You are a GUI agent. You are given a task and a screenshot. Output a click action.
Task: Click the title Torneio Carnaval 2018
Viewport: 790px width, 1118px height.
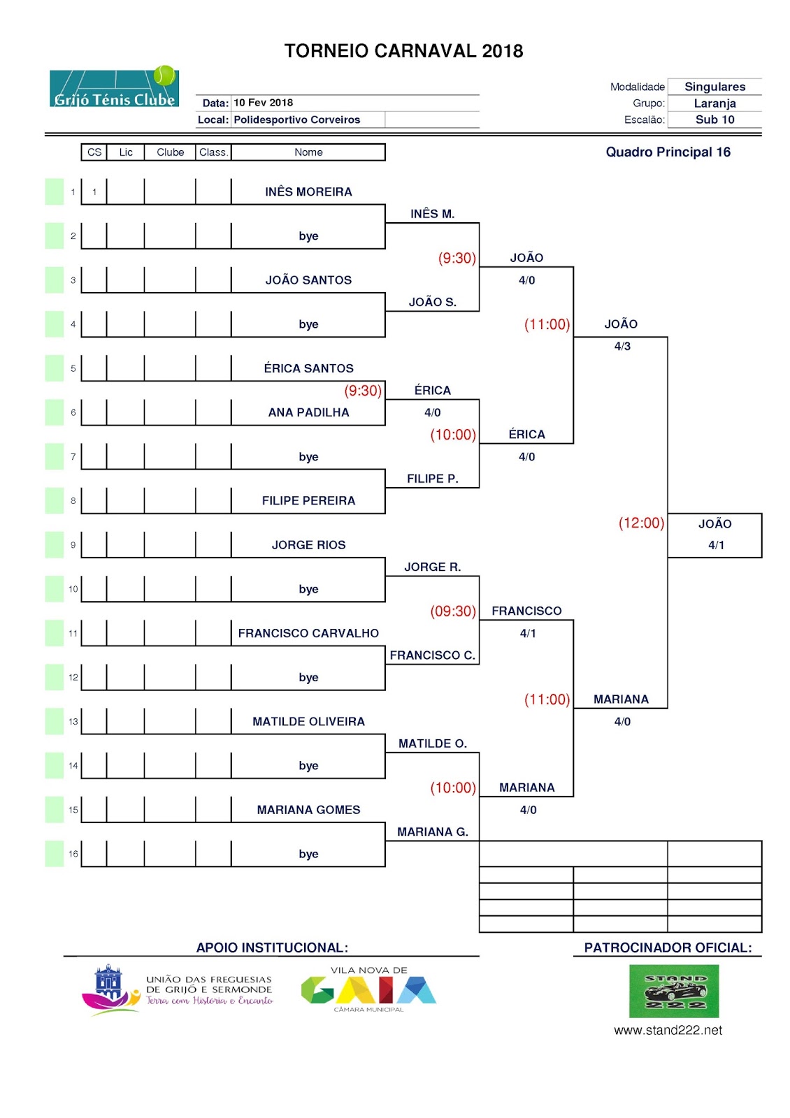[x=403, y=51]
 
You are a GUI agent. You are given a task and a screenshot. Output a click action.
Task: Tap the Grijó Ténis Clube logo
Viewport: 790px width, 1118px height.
[x=115, y=87]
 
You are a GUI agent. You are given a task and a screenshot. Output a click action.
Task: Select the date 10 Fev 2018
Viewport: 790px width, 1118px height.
[x=263, y=103]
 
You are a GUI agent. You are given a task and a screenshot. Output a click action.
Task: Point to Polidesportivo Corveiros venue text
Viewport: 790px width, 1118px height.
[x=296, y=119]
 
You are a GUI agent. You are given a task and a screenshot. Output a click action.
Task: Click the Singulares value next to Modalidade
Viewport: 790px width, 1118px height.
[x=714, y=87]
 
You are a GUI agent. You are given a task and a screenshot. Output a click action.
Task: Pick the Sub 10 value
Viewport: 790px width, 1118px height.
[x=714, y=119]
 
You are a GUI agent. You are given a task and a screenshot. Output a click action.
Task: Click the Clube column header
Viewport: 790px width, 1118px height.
[x=171, y=152]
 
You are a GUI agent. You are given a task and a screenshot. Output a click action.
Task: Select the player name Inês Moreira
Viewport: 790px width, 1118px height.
[x=308, y=191]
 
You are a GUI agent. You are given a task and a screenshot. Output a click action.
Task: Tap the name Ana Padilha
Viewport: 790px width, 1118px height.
[x=308, y=412]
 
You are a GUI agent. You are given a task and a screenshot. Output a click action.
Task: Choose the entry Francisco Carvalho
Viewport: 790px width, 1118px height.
[x=308, y=633]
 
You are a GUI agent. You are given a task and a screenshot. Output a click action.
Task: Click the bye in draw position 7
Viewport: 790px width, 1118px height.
[x=308, y=457]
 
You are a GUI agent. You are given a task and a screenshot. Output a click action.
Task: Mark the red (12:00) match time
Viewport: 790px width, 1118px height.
[x=641, y=523]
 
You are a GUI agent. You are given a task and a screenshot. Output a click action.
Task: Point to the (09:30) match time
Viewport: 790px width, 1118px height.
[x=453, y=611]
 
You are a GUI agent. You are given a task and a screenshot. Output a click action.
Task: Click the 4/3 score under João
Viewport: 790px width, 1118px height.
[x=622, y=347]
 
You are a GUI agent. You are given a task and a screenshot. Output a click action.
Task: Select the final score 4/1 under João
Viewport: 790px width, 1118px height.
[x=716, y=545]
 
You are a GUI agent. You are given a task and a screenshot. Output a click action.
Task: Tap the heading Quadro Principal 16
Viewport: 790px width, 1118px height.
[x=668, y=152]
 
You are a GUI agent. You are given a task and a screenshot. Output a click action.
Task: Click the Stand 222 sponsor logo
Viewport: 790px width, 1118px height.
[x=673, y=992]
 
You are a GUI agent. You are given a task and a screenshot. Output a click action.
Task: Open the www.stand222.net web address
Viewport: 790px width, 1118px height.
[x=668, y=1030]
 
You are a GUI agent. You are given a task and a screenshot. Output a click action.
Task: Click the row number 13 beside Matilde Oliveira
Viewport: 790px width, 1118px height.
[x=73, y=721]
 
